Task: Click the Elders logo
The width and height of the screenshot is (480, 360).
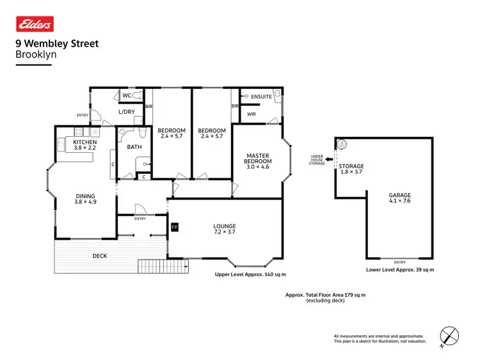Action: [x=35, y=24]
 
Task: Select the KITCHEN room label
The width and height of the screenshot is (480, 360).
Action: [x=84, y=142]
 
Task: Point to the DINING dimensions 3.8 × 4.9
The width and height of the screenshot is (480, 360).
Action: [x=84, y=203]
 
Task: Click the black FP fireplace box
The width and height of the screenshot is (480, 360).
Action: [x=173, y=227]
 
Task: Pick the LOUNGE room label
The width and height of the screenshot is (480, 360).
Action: [x=225, y=226]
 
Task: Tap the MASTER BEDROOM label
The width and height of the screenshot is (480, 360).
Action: [x=257, y=158]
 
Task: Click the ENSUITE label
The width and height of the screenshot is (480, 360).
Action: [x=261, y=97]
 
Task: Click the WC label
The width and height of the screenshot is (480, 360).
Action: [x=127, y=96]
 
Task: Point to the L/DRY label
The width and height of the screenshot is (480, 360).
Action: [x=126, y=112]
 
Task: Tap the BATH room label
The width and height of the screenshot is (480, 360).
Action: [x=134, y=147]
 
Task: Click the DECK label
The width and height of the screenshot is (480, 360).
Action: [x=99, y=256]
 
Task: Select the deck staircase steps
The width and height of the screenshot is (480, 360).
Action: [x=153, y=265]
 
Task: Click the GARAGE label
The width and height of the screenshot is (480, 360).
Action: [x=399, y=196]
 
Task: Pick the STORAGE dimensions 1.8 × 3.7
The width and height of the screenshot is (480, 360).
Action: [x=351, y=172]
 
